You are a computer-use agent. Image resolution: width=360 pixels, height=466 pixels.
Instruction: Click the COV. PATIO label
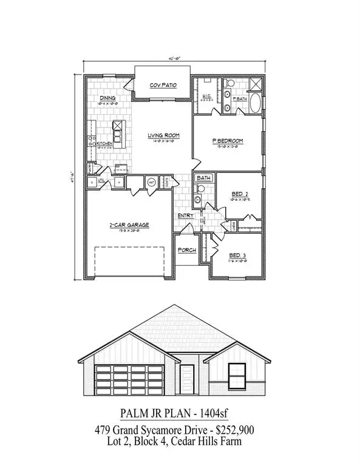pos(163,85)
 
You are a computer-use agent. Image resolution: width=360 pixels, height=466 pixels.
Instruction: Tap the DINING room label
pos(107,96)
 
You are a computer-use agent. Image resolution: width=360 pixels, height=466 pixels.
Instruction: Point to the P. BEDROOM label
pos(227,141)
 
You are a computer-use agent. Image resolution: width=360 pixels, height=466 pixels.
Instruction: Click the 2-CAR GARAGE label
pos(129,225)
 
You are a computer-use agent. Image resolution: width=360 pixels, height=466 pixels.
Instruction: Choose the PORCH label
pos(185,250)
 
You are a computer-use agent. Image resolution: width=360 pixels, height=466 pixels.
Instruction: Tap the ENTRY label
pos(185,215)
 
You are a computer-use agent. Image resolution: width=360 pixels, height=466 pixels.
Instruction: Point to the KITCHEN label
pos(106,143)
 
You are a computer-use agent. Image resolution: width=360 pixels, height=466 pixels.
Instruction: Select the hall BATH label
pos(203,178)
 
